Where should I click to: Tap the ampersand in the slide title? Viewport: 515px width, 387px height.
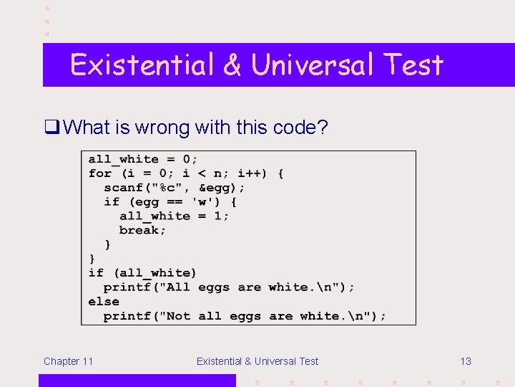coord(232,65)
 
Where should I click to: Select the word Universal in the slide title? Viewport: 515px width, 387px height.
coord(313,65)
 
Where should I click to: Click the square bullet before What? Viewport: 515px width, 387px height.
coord(51,128)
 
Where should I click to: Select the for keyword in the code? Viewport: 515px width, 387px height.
coord(99,173)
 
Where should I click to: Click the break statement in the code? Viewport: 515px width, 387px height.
coord(142,231)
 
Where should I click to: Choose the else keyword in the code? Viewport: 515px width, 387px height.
coord(103,302)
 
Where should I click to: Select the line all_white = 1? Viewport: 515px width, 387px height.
coord(174,216)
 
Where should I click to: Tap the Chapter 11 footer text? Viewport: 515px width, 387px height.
coord(68,361)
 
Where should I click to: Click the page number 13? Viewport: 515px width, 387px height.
coord(465,361)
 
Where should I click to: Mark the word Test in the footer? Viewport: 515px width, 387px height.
coord(307,361)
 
